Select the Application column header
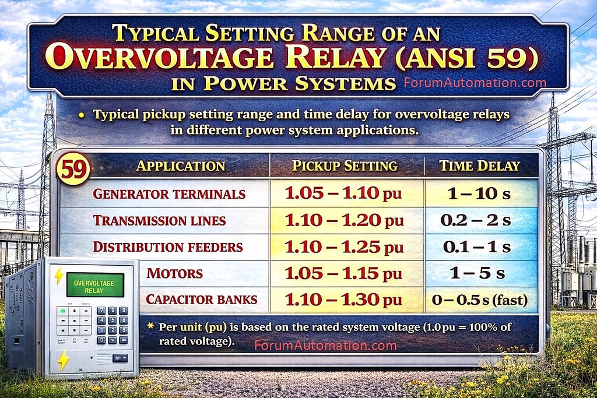(180, 166)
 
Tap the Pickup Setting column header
(345, 166)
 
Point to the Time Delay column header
(479, 166)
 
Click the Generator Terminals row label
(169, 194)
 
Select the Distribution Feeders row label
(168, 247)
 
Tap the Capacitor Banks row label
(201, 300)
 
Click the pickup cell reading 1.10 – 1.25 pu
(344, 247)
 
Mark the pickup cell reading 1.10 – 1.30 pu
(344, 300)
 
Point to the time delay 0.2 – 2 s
(476, 221)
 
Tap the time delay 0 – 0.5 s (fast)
(479, 301)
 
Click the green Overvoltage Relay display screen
(94, 285)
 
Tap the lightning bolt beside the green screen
(59, 276)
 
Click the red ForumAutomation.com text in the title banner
(475, 83)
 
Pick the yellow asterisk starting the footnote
(150, 326)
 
